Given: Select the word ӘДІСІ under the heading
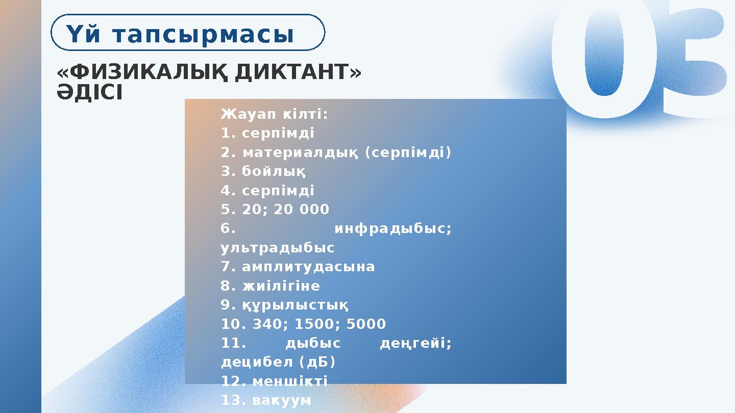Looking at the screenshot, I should coord(90,93).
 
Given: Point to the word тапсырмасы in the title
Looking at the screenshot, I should coord(203,35).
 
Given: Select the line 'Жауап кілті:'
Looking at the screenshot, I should coord(275,114).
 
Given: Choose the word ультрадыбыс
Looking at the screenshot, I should coord(278,248).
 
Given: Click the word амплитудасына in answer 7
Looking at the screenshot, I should coord(308,267).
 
